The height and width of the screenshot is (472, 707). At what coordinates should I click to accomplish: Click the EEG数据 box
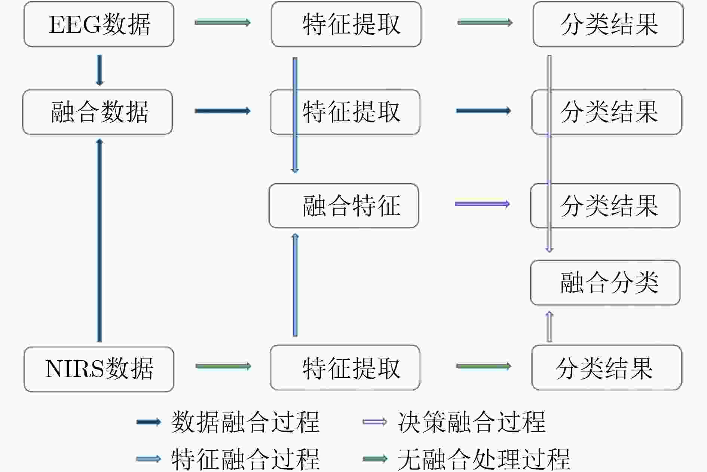(x=99, y=24)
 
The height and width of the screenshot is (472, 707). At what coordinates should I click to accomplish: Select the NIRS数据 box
(x=99, y=369)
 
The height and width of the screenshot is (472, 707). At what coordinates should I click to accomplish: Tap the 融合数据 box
(x=97, y=112)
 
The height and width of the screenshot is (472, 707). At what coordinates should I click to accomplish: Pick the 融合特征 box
(x=344, y=205)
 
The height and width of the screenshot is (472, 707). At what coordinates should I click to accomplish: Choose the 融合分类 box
(x=605, y=283)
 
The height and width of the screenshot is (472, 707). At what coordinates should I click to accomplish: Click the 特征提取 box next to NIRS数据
(x=345, y=368)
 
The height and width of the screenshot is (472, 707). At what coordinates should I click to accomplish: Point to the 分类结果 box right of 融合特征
(x=605, y=205)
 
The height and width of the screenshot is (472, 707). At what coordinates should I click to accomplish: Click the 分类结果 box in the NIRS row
(x=606, y=368)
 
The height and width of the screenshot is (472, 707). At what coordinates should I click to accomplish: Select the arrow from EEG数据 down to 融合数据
(x=99, y=70)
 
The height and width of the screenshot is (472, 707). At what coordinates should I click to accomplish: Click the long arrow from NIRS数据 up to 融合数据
(x=100, y=240)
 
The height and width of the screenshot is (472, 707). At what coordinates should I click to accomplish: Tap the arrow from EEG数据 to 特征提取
(x=223, y=22)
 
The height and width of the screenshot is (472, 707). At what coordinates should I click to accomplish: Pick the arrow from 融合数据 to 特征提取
(x=223, y=111)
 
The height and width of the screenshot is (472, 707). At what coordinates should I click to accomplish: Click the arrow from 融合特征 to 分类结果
(x=483, y=204)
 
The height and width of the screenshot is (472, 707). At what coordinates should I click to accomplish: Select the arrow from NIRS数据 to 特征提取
(x=223, y=366)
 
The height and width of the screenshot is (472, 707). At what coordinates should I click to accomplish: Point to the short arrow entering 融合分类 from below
(x=549, y=326)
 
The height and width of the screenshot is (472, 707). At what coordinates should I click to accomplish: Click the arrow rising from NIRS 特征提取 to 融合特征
(x=295, y=285)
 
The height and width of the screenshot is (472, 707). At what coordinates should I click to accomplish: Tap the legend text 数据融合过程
(x=245, y=422)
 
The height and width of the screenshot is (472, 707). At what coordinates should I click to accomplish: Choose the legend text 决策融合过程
(x=471, y=422)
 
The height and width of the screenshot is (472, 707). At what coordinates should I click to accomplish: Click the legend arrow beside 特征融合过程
(x=149, y=459)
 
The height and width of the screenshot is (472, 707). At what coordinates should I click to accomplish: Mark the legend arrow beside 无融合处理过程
(x=375, y=459)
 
